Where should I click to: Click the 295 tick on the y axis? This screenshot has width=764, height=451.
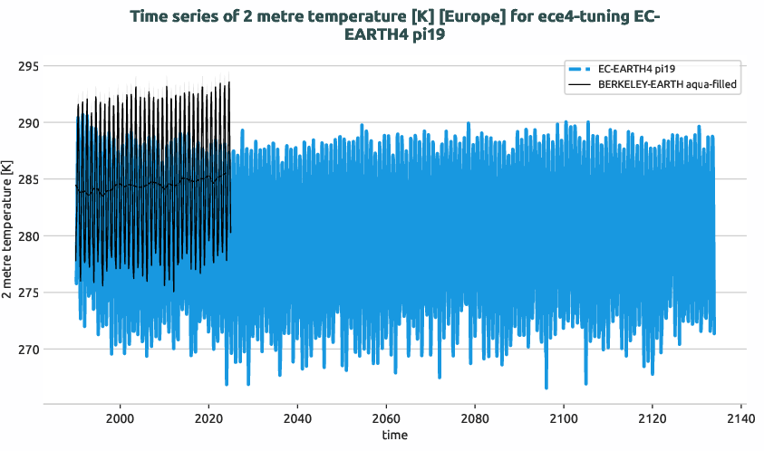[27, 66]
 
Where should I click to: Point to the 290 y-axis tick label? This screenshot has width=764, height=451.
[27, 123]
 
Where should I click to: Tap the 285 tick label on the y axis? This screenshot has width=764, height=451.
[27, 179]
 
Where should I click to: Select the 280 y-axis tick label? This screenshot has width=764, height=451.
[27, 236]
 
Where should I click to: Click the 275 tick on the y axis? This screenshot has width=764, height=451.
[27, 293]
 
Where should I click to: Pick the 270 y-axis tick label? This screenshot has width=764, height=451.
[27, 350]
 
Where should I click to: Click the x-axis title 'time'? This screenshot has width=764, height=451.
[394, 436]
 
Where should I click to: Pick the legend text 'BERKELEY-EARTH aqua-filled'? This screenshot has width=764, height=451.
[667, 83]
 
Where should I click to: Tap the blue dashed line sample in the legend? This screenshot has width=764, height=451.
[580, 69]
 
